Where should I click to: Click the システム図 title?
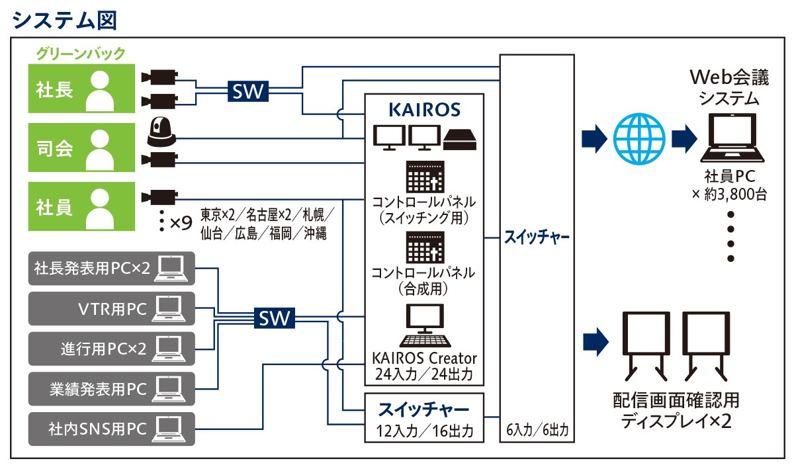pos(64,19)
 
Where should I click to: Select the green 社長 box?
pos(81,89)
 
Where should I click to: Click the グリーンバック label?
pos(81,53)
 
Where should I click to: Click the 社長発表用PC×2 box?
pos(111,268)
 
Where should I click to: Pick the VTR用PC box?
pos(111,308)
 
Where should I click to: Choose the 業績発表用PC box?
pos(111,388)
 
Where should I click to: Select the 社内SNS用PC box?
pos(111,428)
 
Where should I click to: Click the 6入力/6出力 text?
pos(536,431)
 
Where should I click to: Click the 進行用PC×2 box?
pos(111,348)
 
